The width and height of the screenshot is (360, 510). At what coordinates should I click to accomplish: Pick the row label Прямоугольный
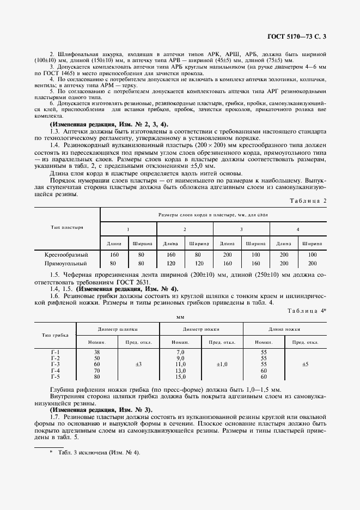click(x=69, y=263)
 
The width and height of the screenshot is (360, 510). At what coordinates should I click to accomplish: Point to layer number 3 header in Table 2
click(x=241, y=229)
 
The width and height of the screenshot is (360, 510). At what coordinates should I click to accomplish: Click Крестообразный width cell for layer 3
click(x=255, y=254)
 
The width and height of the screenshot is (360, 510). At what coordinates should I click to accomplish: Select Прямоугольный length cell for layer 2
click(x=170, y=263)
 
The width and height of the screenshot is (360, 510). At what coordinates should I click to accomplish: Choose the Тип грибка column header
click(x=55, y=335)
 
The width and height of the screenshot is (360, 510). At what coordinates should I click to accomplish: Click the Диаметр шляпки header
click(x=118, y=329)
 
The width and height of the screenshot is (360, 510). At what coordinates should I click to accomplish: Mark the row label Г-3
click(x=55, y=364)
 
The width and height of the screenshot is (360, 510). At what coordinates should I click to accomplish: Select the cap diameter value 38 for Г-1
click(x=97, y=352)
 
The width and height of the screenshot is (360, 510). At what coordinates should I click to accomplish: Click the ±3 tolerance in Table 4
click(x=138, y=364)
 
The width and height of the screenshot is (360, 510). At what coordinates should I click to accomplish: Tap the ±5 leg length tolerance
click(x=305, y=364)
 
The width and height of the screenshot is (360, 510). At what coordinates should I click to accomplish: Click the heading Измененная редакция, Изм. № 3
click(x=101, y=409)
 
